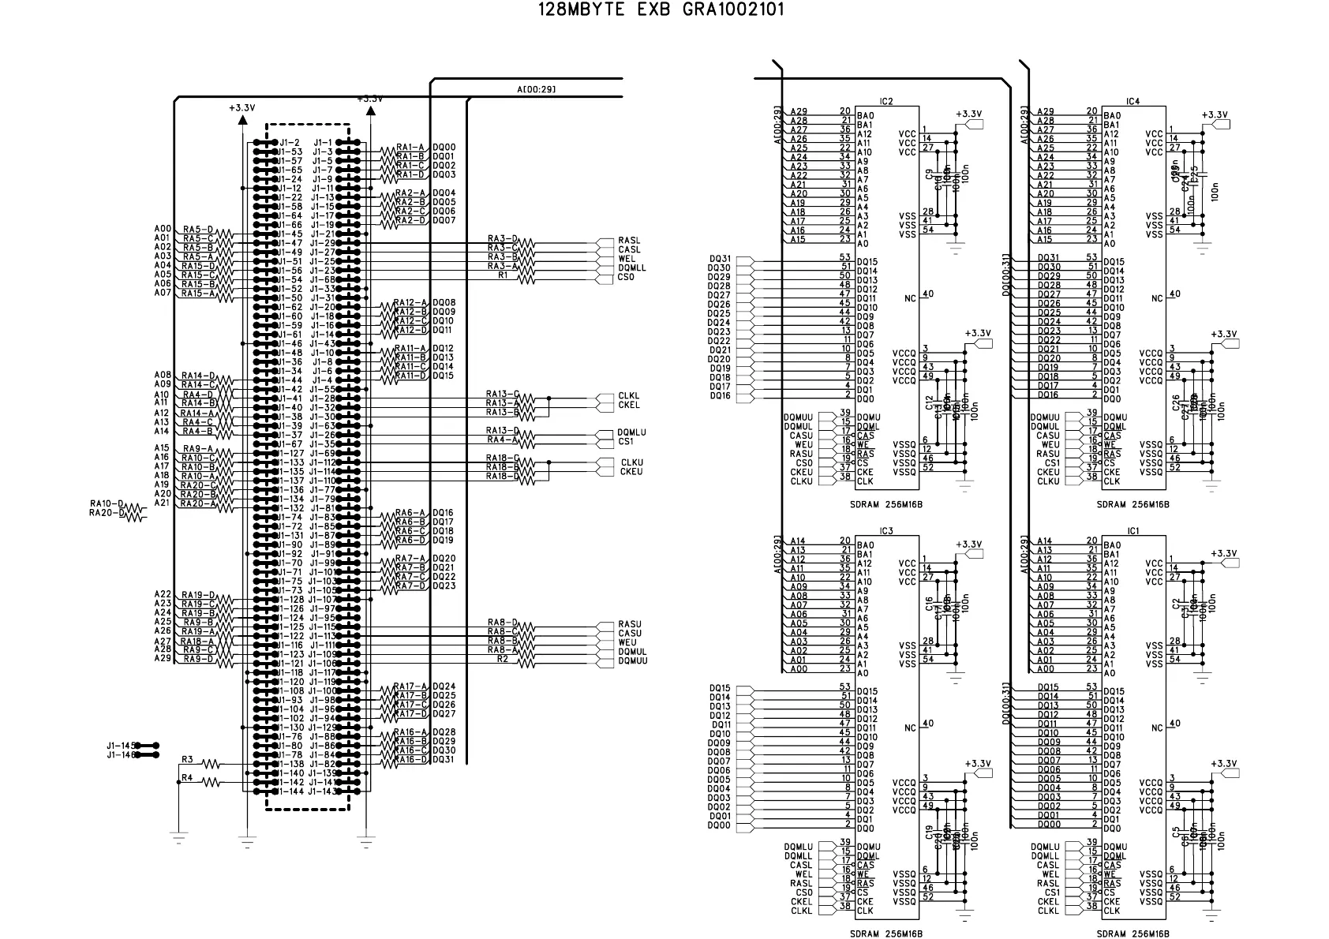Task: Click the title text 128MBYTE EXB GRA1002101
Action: pos(661,10)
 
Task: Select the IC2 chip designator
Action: pos(885,102)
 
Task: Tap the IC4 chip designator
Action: pos(1132,102)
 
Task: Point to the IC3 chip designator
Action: pos(885,531)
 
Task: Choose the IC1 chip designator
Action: pos(1132,531)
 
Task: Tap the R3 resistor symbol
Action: pos(211,764)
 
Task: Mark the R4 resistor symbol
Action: pos(211,782)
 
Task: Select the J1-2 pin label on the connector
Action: pos(289,143)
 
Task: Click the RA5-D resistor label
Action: pos(197,229)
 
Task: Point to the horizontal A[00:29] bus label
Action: pos(536,89)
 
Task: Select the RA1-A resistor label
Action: pos(410,147)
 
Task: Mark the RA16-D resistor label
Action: pos(410,759)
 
